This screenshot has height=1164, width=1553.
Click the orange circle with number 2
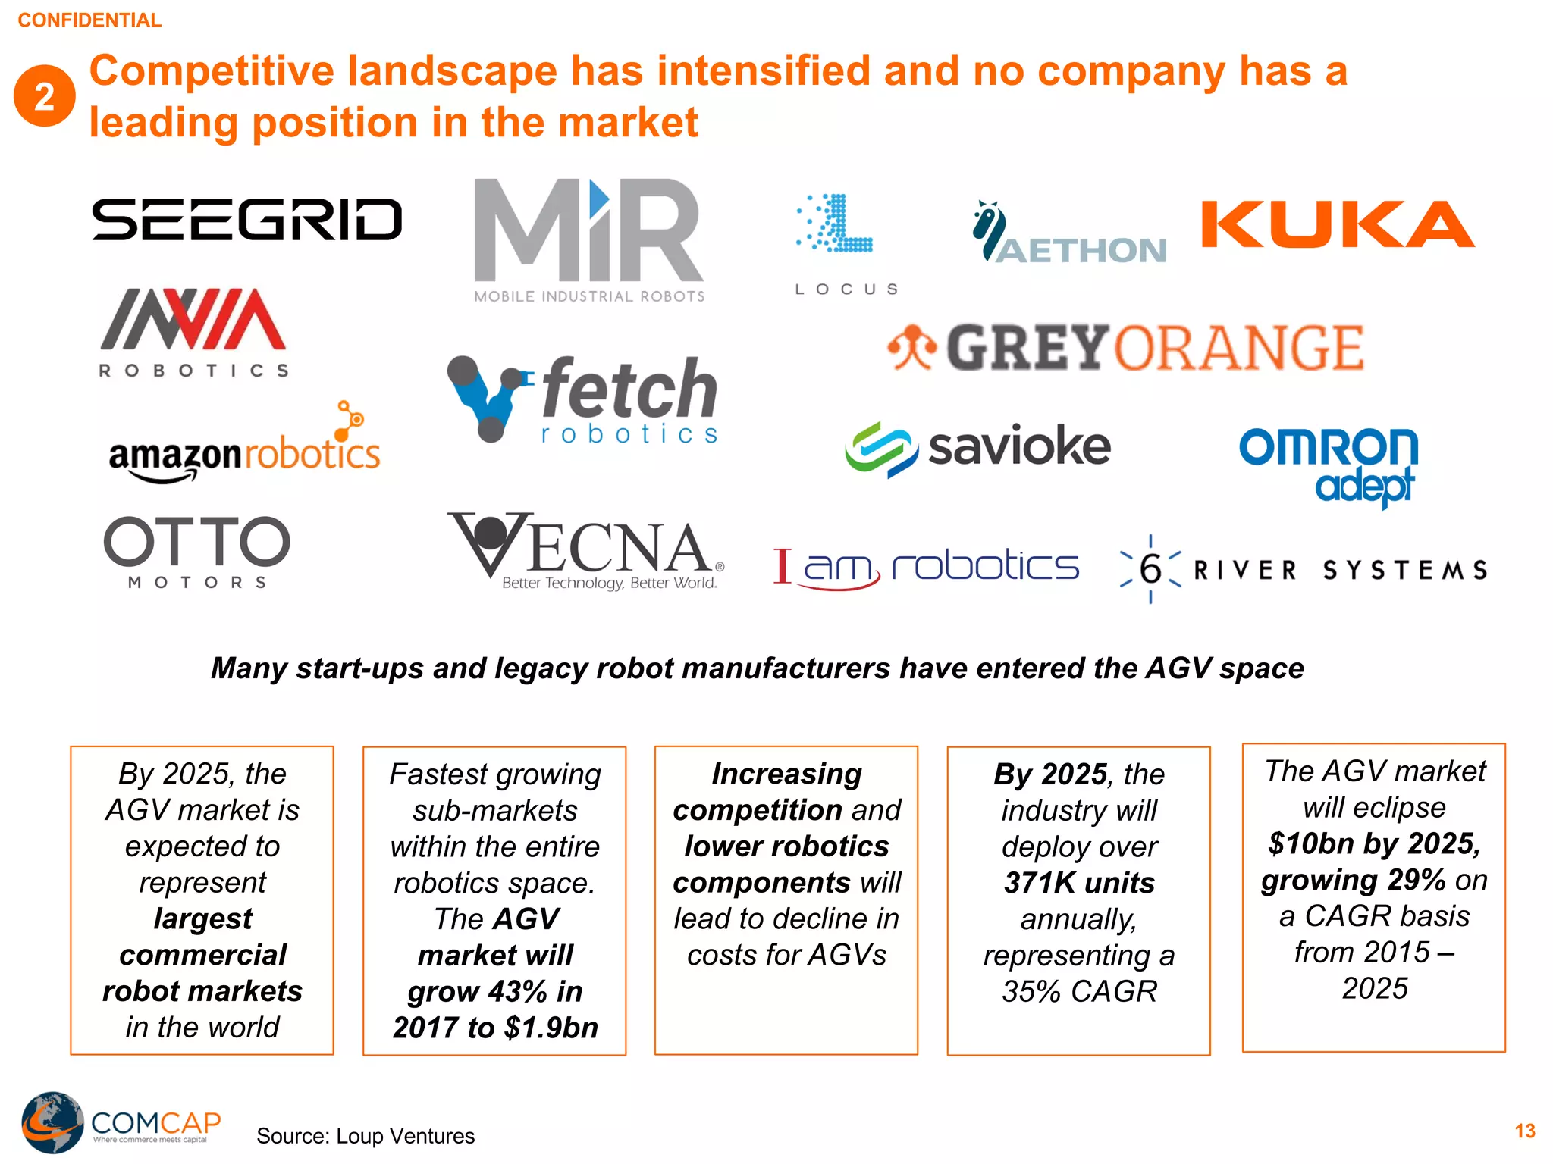[44, 96]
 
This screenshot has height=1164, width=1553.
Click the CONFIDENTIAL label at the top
[89, 20]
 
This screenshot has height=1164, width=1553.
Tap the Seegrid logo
[246, 220]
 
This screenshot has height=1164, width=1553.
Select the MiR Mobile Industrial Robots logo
[589, 239]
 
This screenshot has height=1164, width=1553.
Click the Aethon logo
[1069, 235]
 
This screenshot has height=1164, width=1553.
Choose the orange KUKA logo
[1338, 225]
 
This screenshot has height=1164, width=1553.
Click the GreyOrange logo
[1125, 348]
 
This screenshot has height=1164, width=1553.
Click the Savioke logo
[978, 447]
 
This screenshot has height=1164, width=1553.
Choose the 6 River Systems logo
[1303, 569]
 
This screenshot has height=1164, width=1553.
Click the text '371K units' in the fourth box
[1079, 883]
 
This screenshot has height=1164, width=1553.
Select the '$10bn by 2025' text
[1374, 843]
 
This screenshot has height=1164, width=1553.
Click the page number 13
[1525, 1131]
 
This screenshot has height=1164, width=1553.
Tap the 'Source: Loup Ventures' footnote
[366, 1136]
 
